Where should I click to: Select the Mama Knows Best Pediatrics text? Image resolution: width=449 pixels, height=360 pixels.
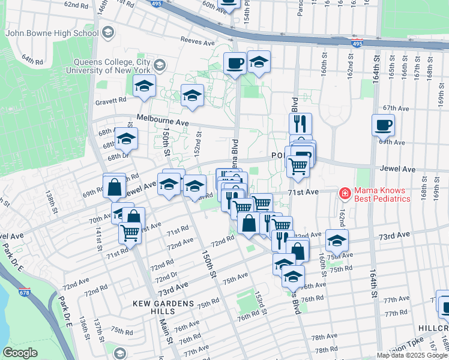pyautogui.click(x=382, y=194)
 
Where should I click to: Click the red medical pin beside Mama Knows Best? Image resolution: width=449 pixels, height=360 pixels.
pyautogui.click(x=345, y=193)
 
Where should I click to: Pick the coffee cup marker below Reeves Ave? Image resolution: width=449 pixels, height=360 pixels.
pyautogui.click(x=235, y=64)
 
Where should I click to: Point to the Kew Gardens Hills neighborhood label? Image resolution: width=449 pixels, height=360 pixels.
pyautogui.click(x=163, y=304)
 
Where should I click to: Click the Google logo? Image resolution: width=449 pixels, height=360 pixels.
pyautogui.click(x=20, y=353)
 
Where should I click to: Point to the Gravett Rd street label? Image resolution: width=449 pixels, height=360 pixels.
pyautogui.click(x=111, y=101)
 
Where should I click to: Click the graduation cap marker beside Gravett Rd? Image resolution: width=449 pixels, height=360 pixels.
pyautogui.click(x=144, y=87)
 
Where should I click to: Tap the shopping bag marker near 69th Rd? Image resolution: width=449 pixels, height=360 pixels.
pyautogui.click(x=114, y=187)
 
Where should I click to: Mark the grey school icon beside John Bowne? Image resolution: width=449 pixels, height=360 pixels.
pyautogui.click(x=108, y=31)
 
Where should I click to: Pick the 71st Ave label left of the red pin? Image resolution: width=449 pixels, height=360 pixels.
pyautogui.click(x=301, y=192)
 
